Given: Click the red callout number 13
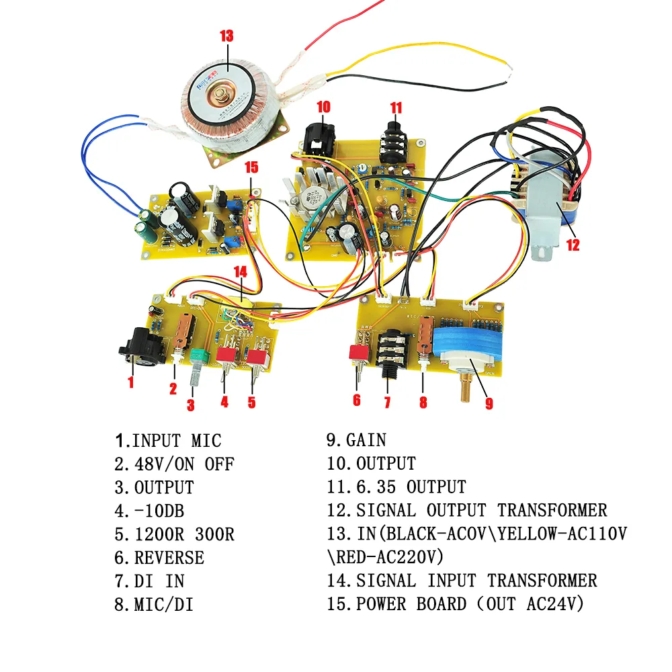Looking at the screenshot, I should click(x=226, y=36).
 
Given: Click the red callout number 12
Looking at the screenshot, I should click(x=572, y=245).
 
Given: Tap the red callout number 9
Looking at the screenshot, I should click(x=489, y=403).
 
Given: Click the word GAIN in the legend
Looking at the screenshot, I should click(x=366, y=440).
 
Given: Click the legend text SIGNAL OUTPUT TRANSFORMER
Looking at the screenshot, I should click(x=481, y=510).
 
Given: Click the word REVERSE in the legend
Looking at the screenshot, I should click(x=169, y=558).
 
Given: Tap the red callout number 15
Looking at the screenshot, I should click(x=251, y=167).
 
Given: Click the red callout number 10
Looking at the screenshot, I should click(x=323, y=106).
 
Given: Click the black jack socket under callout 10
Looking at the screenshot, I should click(x=317, y=138).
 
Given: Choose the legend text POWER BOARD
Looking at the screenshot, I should click(x=411, y=603).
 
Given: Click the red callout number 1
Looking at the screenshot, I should click(x=130, y=382).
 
